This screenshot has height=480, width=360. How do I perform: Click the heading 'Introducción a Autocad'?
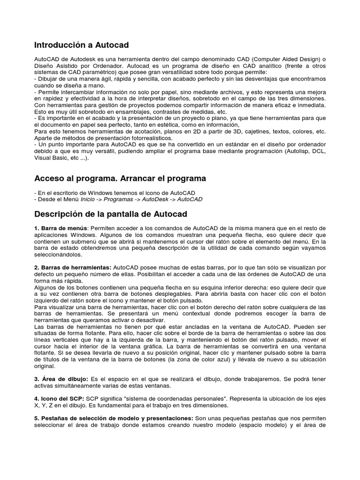82,45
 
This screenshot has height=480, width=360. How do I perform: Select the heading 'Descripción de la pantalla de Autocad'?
111,214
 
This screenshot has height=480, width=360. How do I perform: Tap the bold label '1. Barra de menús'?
60,228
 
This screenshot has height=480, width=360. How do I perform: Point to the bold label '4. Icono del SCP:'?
59,398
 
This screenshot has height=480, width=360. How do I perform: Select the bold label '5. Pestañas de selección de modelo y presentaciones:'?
113,418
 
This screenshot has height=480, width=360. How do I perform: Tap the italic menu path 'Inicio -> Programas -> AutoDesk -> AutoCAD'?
142,199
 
